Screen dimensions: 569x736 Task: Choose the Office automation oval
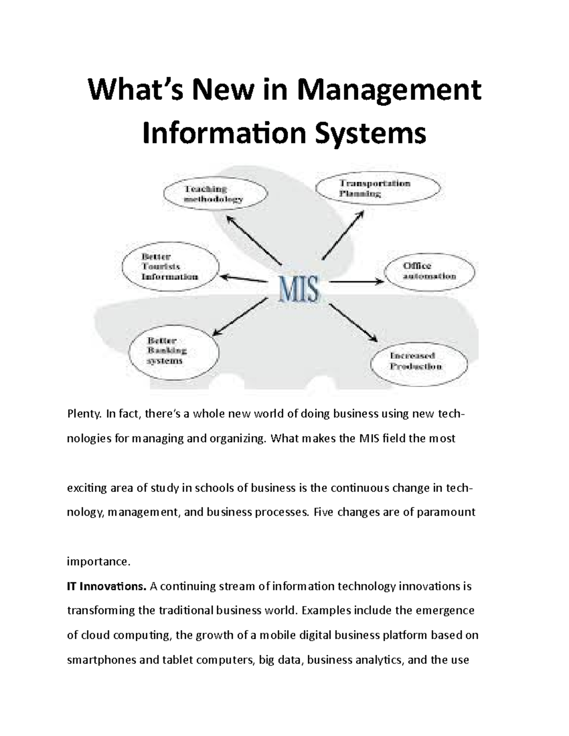click(x=429, y=272)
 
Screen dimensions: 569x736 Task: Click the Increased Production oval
click(x=419, y=362)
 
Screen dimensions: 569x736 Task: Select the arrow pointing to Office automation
click(x=356, y=282)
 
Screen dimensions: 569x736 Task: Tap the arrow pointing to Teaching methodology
click(x=253, y=239)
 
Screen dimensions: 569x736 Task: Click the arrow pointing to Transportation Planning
click(x=343, y=235)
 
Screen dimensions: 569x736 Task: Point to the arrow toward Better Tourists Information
click(x=242, y=278)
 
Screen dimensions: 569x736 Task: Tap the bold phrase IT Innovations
click(x=107, y=587)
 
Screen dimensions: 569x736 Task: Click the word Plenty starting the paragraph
click(x=84, y=414)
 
